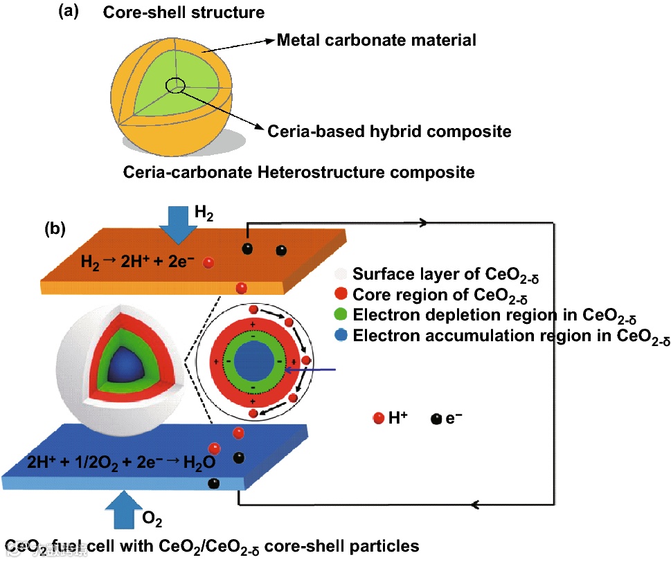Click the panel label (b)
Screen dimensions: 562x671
point(55,228)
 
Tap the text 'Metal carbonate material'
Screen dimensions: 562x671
point(376,40)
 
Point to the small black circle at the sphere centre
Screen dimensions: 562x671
point(175,85)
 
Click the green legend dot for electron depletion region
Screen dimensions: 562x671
point(339,316)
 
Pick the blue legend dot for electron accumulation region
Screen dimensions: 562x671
point(339,337)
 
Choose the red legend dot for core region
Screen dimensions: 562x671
point(339,295)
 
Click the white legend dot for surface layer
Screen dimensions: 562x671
point(339,273)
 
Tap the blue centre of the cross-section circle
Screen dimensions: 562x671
point(253,361)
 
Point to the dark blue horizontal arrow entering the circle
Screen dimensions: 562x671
point(311,370)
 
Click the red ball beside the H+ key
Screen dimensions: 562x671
point(378,418)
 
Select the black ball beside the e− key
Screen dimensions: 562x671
point(436,418)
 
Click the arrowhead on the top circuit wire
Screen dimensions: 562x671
point(424,223)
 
